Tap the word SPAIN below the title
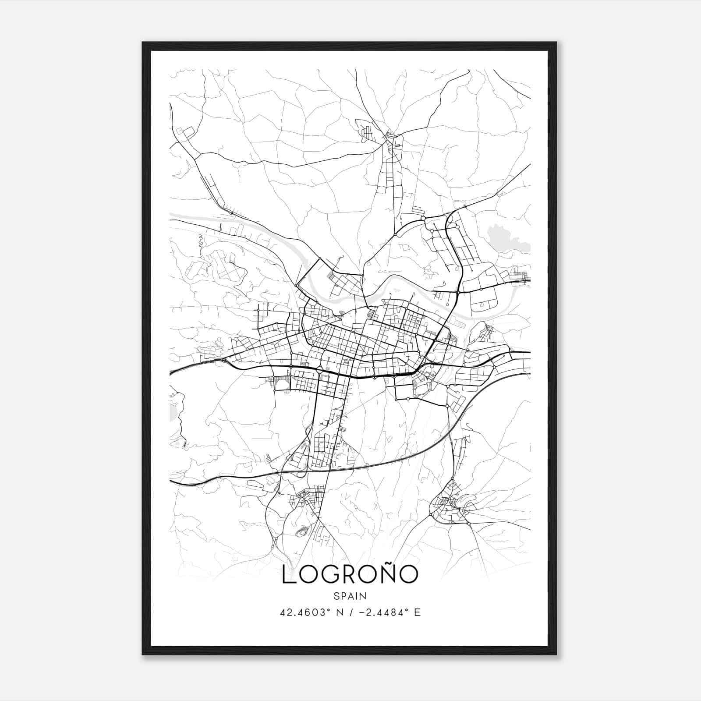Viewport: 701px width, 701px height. (350, 596)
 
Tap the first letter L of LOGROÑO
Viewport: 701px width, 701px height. (288, 575)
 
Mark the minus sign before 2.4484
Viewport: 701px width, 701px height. (362, 612)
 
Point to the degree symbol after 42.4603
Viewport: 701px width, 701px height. (332, 610)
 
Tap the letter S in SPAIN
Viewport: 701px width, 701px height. (336, 596)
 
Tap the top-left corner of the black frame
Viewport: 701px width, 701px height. (143, 43)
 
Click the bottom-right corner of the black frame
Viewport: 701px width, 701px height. (556, 654)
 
